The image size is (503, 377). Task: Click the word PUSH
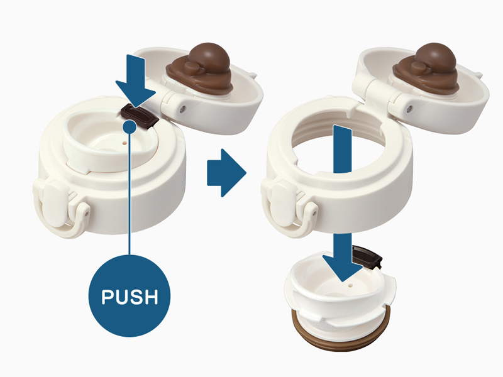130,297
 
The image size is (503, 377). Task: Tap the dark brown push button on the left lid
140,116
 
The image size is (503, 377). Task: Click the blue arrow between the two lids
226,173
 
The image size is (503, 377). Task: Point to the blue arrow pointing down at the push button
136,80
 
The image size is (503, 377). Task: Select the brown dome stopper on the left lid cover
201,68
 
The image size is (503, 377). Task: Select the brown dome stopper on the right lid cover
427,68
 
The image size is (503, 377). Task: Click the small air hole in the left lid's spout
124,141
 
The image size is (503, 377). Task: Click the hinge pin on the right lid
409,109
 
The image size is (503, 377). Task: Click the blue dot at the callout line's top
130,127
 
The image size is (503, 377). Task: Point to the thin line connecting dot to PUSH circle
130,194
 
